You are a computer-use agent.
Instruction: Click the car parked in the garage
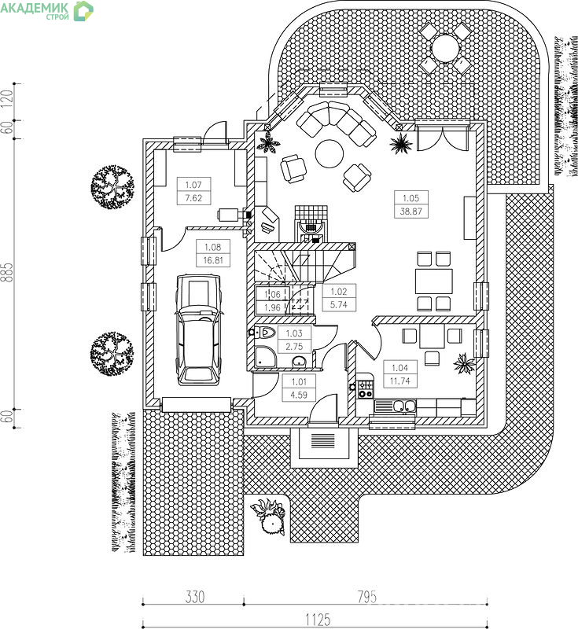(197, 329)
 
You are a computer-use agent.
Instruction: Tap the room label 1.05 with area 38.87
(410, 204)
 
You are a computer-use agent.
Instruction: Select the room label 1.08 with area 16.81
(212, 253)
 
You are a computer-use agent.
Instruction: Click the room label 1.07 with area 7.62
(193, 191)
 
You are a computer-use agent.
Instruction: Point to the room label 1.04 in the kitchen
(400, 374)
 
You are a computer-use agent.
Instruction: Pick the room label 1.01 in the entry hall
(299, 388)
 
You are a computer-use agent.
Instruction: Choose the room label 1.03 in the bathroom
(294, 340)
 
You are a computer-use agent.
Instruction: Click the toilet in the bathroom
(263, 332)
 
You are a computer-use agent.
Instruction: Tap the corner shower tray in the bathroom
(266, 357)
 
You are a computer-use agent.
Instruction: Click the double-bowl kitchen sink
(404, 406)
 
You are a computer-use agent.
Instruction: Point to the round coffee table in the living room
(329, 153)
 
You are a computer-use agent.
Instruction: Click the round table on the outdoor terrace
(445, 48)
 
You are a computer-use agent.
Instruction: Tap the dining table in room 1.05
(434, 281)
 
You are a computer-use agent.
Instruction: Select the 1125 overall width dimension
(318, 620)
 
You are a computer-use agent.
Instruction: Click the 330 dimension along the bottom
(195, 597)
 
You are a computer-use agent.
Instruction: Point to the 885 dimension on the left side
(8, 272)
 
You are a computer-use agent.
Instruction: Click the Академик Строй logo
(47, 10)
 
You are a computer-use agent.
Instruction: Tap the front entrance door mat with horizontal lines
(322, 441)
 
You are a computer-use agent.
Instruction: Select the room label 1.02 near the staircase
(338, 298)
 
